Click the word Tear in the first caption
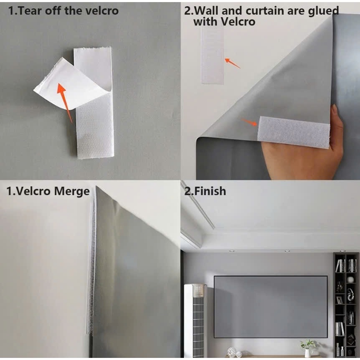[x=29, y=10]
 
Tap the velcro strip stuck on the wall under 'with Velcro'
[x=213, y=55]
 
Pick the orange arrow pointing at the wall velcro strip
[x=232, y=63]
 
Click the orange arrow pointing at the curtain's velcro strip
[x=248, y=122]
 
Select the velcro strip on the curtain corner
[x=294, y=132]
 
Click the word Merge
[x=72, y=191]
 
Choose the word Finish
[x=210, y=191]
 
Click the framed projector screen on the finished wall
[x=271, y=307]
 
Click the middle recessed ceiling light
[x=287, y=251]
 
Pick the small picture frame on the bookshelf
[x=340, y=300]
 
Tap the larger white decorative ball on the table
[x=231, y=352]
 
